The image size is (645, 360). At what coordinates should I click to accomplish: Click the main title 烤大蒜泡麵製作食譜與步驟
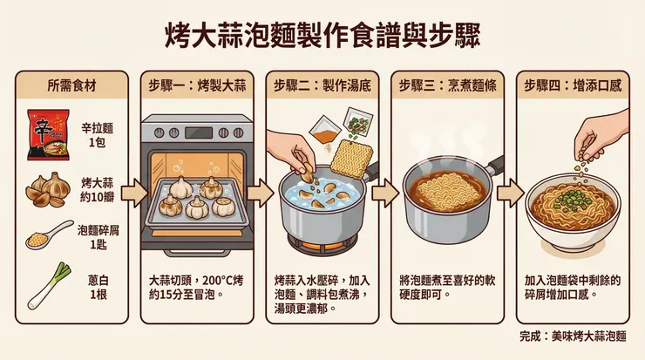(x=322, y=35)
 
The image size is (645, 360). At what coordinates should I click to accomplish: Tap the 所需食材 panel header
(x=71, y=86)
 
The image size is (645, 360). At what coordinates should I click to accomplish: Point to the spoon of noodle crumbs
(x=48, y=236)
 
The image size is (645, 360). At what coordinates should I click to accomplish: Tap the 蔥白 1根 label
(x=98, y=287)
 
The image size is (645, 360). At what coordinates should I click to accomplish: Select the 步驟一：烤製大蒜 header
(x=197, y=86)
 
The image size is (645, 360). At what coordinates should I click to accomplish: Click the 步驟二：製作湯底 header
(x=322, y=86)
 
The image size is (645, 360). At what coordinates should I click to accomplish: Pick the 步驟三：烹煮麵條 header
(x=447, y=86)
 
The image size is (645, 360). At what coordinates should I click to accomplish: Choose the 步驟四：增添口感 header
(x=573, y=86)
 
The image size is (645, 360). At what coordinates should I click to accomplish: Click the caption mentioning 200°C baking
(x=197, y=289)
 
